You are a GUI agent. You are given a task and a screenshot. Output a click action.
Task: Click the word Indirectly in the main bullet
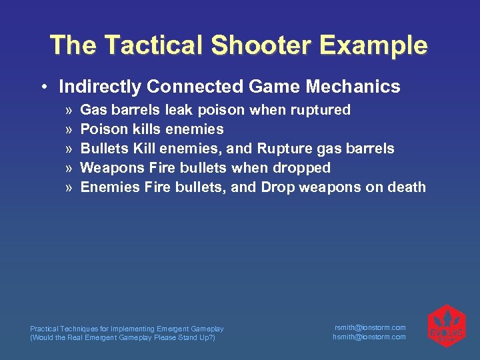click(x=100, y=87)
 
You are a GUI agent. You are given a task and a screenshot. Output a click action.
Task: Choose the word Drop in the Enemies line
click(x=278, y=187)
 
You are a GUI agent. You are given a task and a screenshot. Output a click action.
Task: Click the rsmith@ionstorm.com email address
click(x=369, y=327)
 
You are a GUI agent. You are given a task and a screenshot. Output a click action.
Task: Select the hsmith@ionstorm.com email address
click(x=369, y=337)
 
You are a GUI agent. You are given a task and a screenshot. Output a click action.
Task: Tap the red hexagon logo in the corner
click(x=445, y=326)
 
